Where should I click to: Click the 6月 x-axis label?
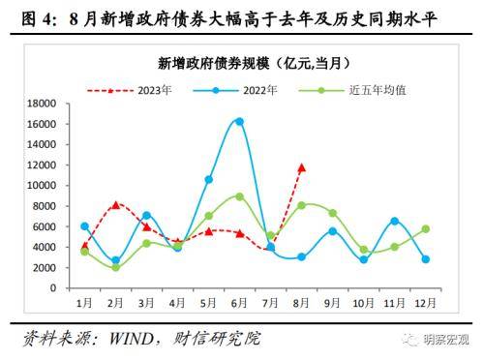coord(239,302)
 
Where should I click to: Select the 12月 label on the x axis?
coord(425,302)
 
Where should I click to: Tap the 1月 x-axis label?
coord(84,302)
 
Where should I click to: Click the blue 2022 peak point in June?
coord(239,121)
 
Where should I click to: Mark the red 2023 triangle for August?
coord(301,167)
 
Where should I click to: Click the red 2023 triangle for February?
coord(115,204)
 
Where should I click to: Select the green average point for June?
coord(239,196)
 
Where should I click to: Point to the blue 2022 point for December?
coord(425,259)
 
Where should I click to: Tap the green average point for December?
coord(425,229)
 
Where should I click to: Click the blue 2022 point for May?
coord(208,179)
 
